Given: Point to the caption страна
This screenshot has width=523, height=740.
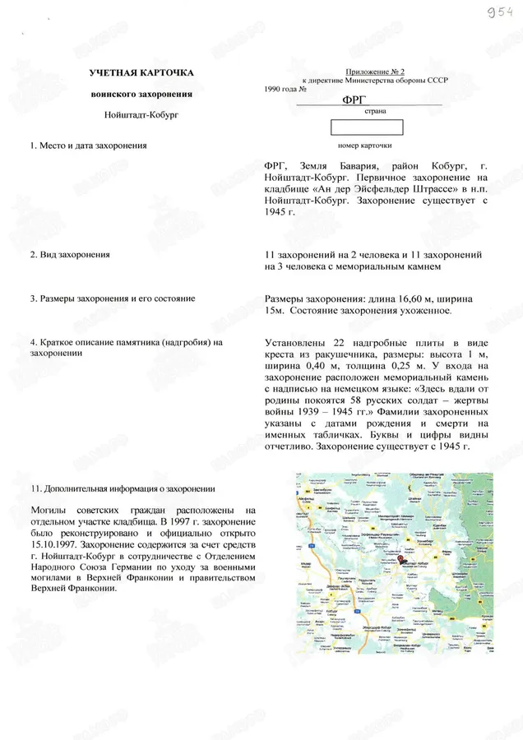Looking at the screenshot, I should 365,110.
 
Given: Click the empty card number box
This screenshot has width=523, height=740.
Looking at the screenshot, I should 366,127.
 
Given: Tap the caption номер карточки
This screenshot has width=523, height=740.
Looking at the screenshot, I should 365,146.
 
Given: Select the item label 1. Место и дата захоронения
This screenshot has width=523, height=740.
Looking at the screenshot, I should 88,146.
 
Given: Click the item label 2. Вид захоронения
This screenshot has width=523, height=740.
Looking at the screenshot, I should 70,255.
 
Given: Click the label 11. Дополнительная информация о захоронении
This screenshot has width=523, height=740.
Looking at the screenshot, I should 121,488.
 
